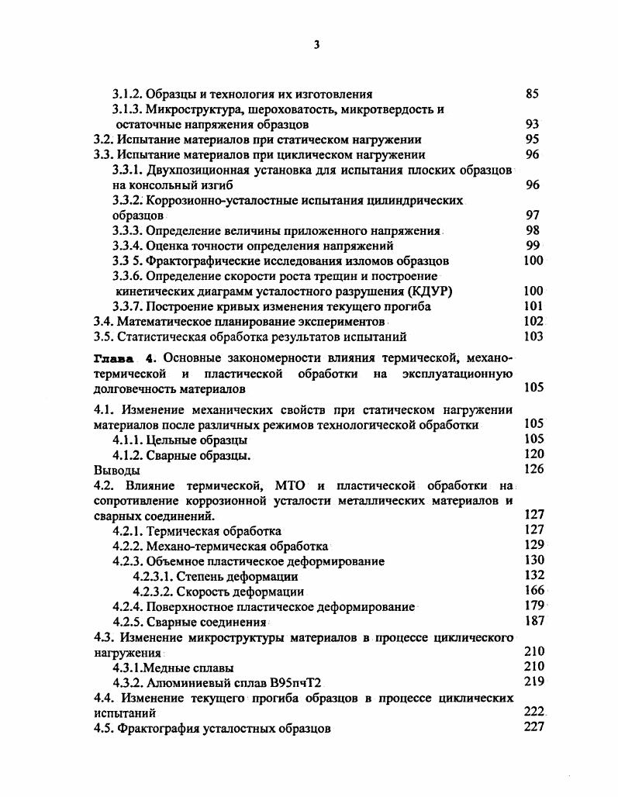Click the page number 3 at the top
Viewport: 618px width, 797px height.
click(x=316, y=45)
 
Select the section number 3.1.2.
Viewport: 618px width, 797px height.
click(x=127, y=94)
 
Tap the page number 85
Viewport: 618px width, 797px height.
click(x=532, y=94)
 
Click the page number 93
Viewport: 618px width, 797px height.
click(x=532, y=124)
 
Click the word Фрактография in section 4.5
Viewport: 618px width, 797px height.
click(x=158, y=727)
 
